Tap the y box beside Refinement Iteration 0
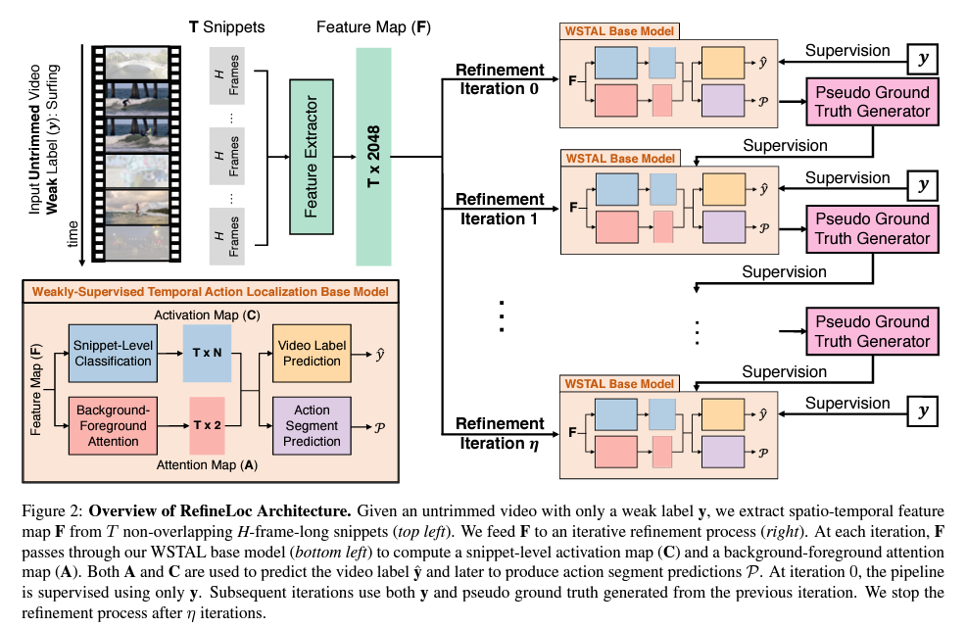coord(920,59)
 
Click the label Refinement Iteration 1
coord(499,210)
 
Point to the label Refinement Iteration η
coord(499,433)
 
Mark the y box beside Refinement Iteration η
coord(920,411)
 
